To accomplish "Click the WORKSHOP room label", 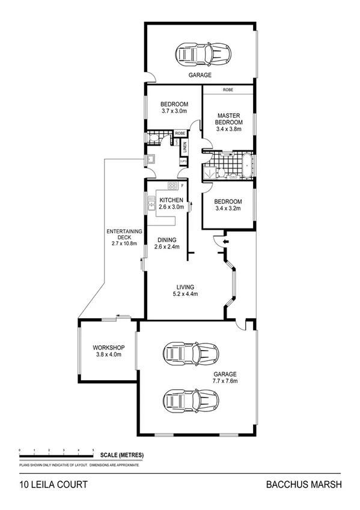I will [x=108, y=348].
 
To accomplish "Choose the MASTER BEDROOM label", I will [x=229, y=119].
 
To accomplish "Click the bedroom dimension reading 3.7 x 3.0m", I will [x=174, y=111].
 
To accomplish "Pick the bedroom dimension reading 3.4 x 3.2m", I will [x=228, y=209].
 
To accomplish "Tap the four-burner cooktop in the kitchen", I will [x=172, y=185].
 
